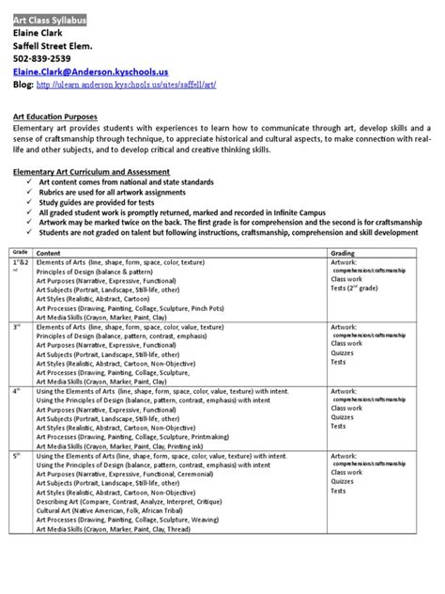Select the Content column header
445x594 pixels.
coord(48,253)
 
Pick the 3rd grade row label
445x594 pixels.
coord(17,326)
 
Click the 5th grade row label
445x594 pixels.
coord(17,455)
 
